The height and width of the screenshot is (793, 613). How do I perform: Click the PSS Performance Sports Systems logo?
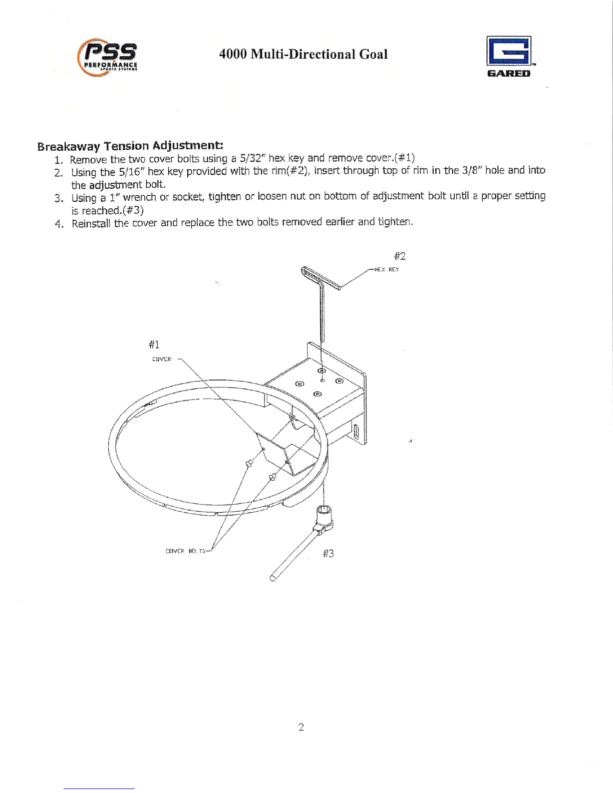point(107,58)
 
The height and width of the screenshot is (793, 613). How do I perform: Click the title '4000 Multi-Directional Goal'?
point(303,54)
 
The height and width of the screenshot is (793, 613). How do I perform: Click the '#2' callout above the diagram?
point(399,256)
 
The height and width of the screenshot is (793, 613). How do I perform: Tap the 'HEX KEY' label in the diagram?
point(387,269)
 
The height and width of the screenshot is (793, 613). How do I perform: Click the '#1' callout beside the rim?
point(154,344)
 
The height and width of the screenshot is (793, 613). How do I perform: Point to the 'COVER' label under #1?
point(162,359)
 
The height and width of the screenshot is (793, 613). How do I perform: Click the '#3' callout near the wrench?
point(328,553)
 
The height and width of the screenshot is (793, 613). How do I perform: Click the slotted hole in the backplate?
point(356,431)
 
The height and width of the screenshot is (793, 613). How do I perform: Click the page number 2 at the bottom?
point(301,727)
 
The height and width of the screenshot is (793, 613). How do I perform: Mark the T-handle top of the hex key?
point(321,278)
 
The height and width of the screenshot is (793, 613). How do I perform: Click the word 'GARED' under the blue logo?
point(508,74)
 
